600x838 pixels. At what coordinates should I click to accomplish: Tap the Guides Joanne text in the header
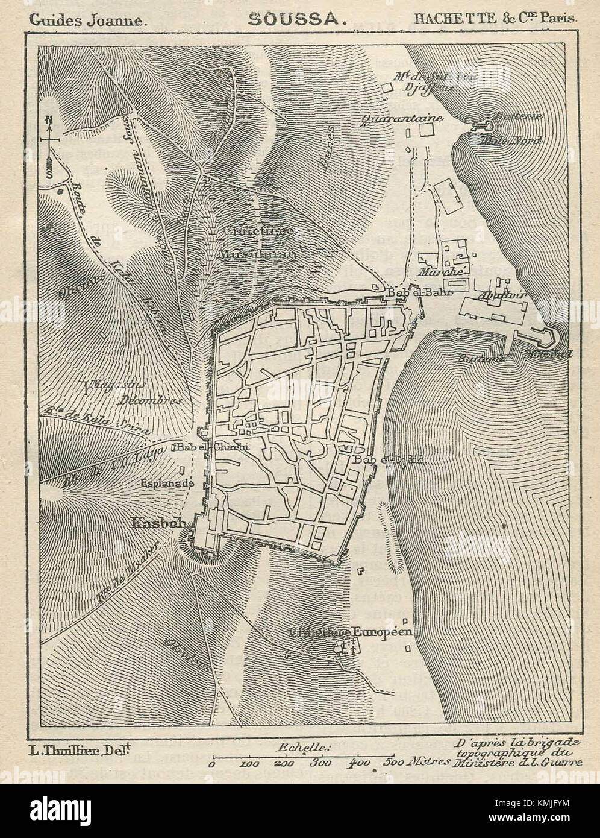coord(86,19)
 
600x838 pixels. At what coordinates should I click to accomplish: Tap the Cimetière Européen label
coord(350,632)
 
